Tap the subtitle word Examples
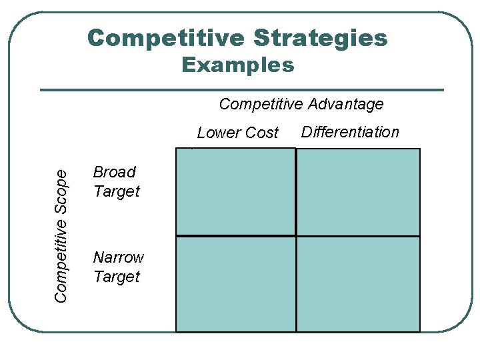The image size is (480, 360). (237, 65)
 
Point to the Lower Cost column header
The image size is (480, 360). (237, 133)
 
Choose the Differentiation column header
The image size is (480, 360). (350, 132)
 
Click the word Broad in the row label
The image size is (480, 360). (115, 172)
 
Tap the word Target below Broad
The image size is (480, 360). (117, 191)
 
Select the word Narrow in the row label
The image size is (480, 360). (119, 257)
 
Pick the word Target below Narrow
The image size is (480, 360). (117, 277)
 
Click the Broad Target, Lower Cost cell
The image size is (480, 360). (235, 191)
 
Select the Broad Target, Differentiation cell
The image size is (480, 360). (358, 192)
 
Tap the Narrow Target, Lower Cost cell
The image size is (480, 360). (235, 284)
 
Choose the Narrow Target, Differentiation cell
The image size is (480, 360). (358, 284)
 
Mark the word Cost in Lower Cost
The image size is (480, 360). (262, 133)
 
